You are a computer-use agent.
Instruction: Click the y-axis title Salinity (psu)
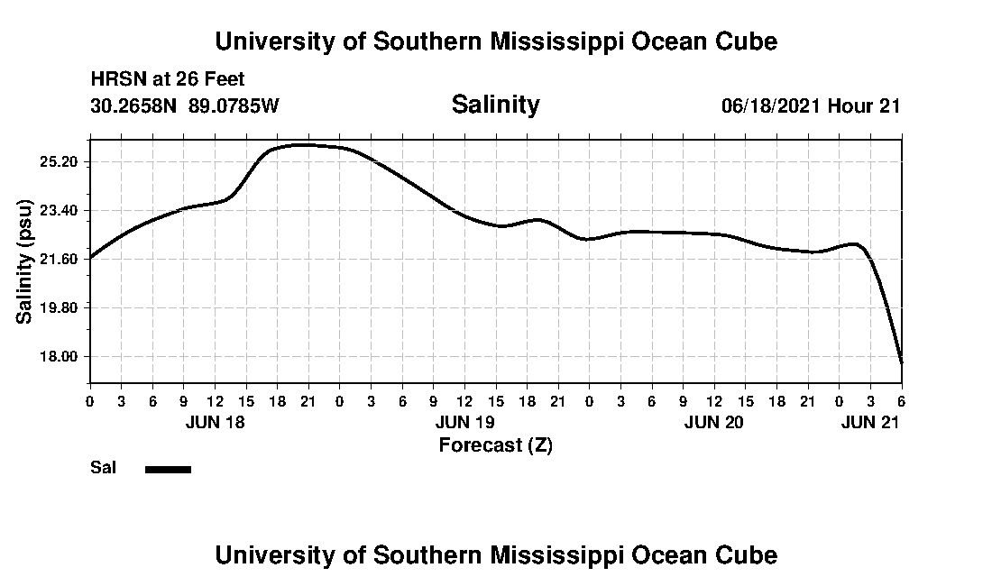coord(24,261)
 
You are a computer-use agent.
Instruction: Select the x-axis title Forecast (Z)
coord(495,444)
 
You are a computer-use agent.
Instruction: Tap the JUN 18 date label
coord(215,421)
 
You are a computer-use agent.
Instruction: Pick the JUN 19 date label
coord(464,421)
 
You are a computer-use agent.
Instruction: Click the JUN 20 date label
coord(713,421)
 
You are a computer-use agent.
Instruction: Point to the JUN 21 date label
coord(869,421)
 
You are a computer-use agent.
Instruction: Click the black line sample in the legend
coord(168,469)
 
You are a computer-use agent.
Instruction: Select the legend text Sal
coord(103,468)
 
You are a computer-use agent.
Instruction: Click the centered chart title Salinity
coord(495,105)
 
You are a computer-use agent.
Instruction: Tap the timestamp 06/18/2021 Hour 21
coord(811,106)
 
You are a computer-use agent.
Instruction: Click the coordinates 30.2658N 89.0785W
coord(185,106)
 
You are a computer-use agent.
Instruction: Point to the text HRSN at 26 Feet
coord(168,80)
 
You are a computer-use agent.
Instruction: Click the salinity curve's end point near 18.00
coord(901,362)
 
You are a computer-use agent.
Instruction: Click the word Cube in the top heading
coord(745,41)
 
